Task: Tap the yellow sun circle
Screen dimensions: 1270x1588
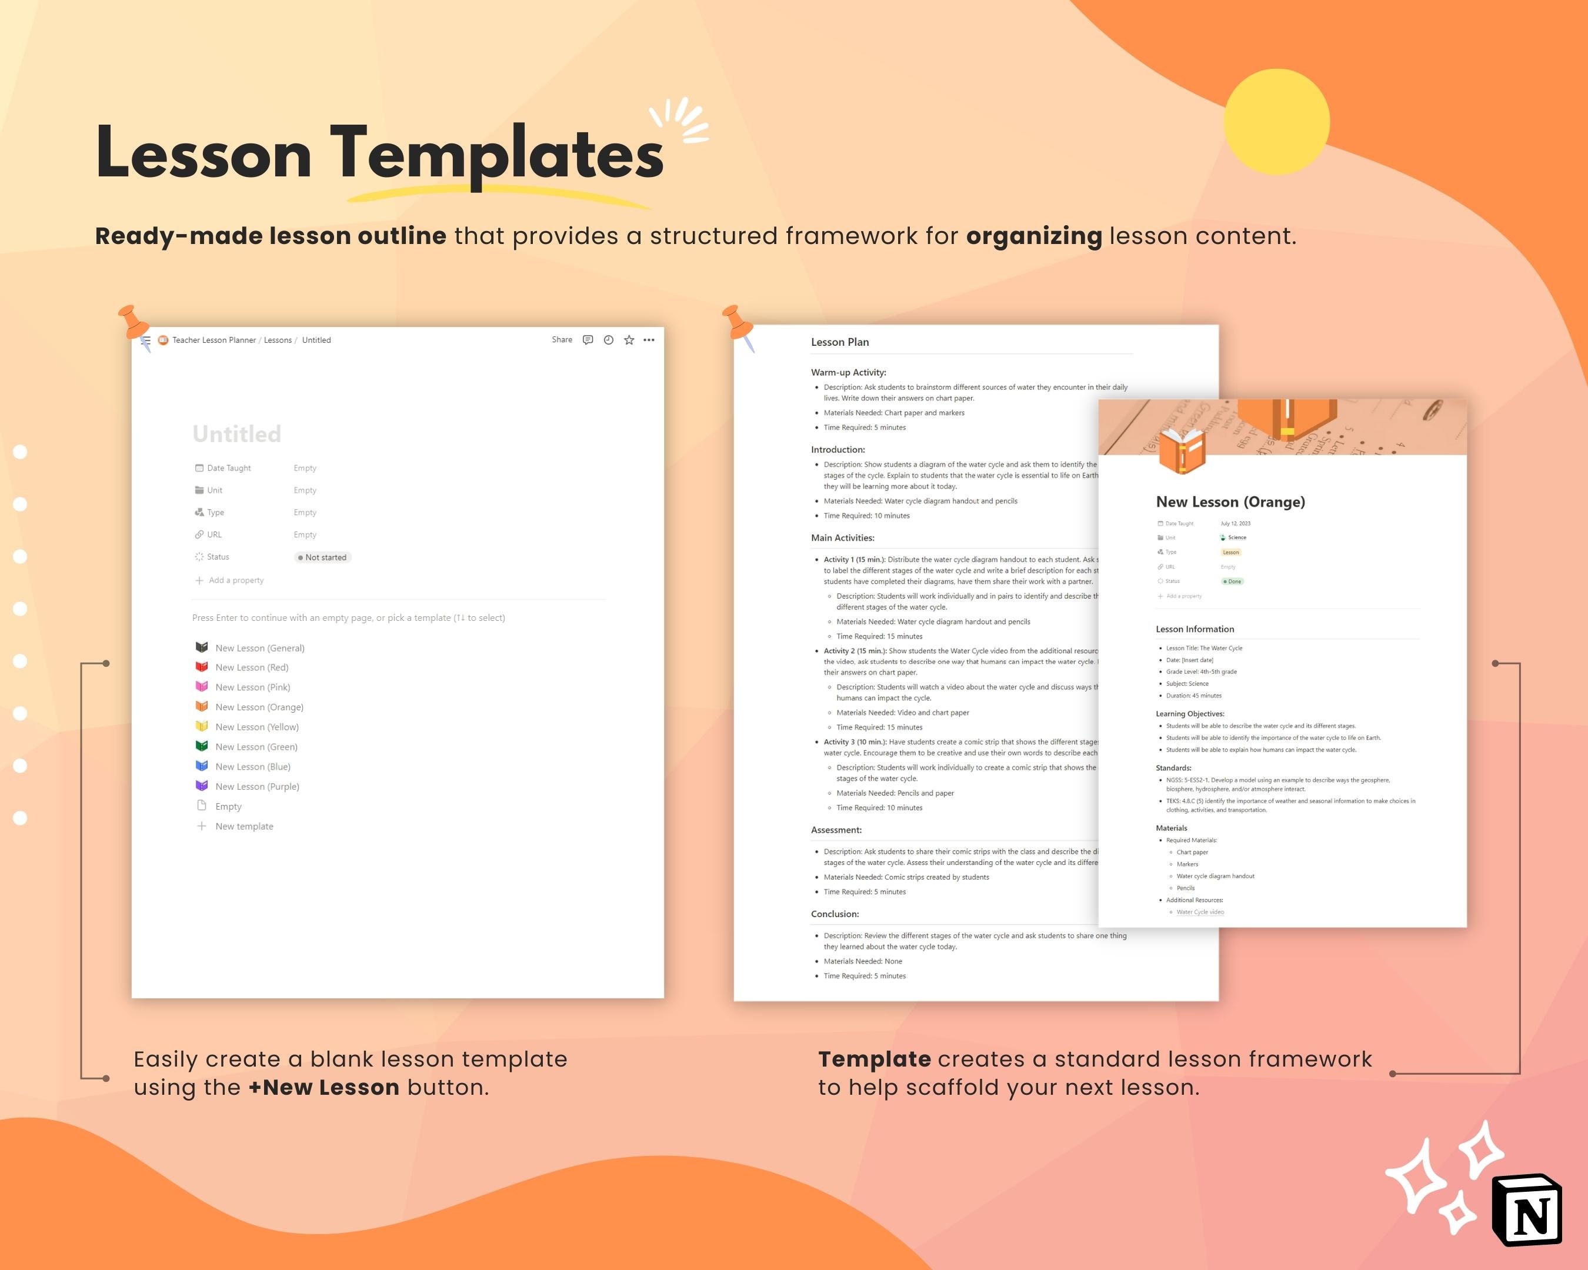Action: coord(1276,122)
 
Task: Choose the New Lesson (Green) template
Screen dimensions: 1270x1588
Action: coord(256,747)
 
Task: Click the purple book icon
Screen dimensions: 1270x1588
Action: coord(201,786)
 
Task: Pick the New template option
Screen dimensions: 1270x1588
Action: coord(244,826)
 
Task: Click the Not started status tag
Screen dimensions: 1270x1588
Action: coord(323,557)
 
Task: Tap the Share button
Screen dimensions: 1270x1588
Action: coord(561,339)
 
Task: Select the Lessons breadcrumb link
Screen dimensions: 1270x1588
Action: coord(278,340)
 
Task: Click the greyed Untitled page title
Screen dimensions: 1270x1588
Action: coord(236,434)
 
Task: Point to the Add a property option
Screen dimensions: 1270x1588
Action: coord(235,580)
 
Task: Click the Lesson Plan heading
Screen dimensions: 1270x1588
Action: coord(840,342)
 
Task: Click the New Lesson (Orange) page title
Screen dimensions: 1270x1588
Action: coord(1230,502)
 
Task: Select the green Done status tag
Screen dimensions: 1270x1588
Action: coord(1232,581)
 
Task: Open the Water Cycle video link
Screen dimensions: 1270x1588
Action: coord(1200,912)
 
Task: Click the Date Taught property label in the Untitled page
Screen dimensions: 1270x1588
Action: coord(228,468)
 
